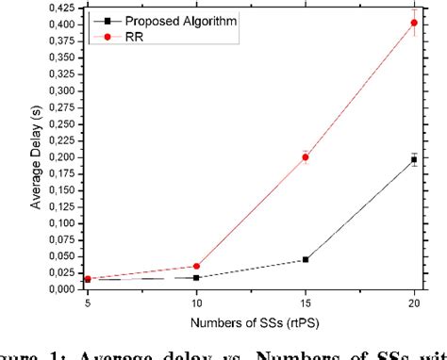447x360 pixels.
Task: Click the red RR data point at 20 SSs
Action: tap(414, 23)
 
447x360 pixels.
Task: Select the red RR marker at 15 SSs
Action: tap(305, 157)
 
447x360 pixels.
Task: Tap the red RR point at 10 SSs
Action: tap(197, 267)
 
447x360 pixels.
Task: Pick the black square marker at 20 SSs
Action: tap(414, 160)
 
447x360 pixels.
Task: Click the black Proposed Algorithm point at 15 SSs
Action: tap(305, 259)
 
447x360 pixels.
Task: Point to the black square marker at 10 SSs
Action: tap(197, 277)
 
